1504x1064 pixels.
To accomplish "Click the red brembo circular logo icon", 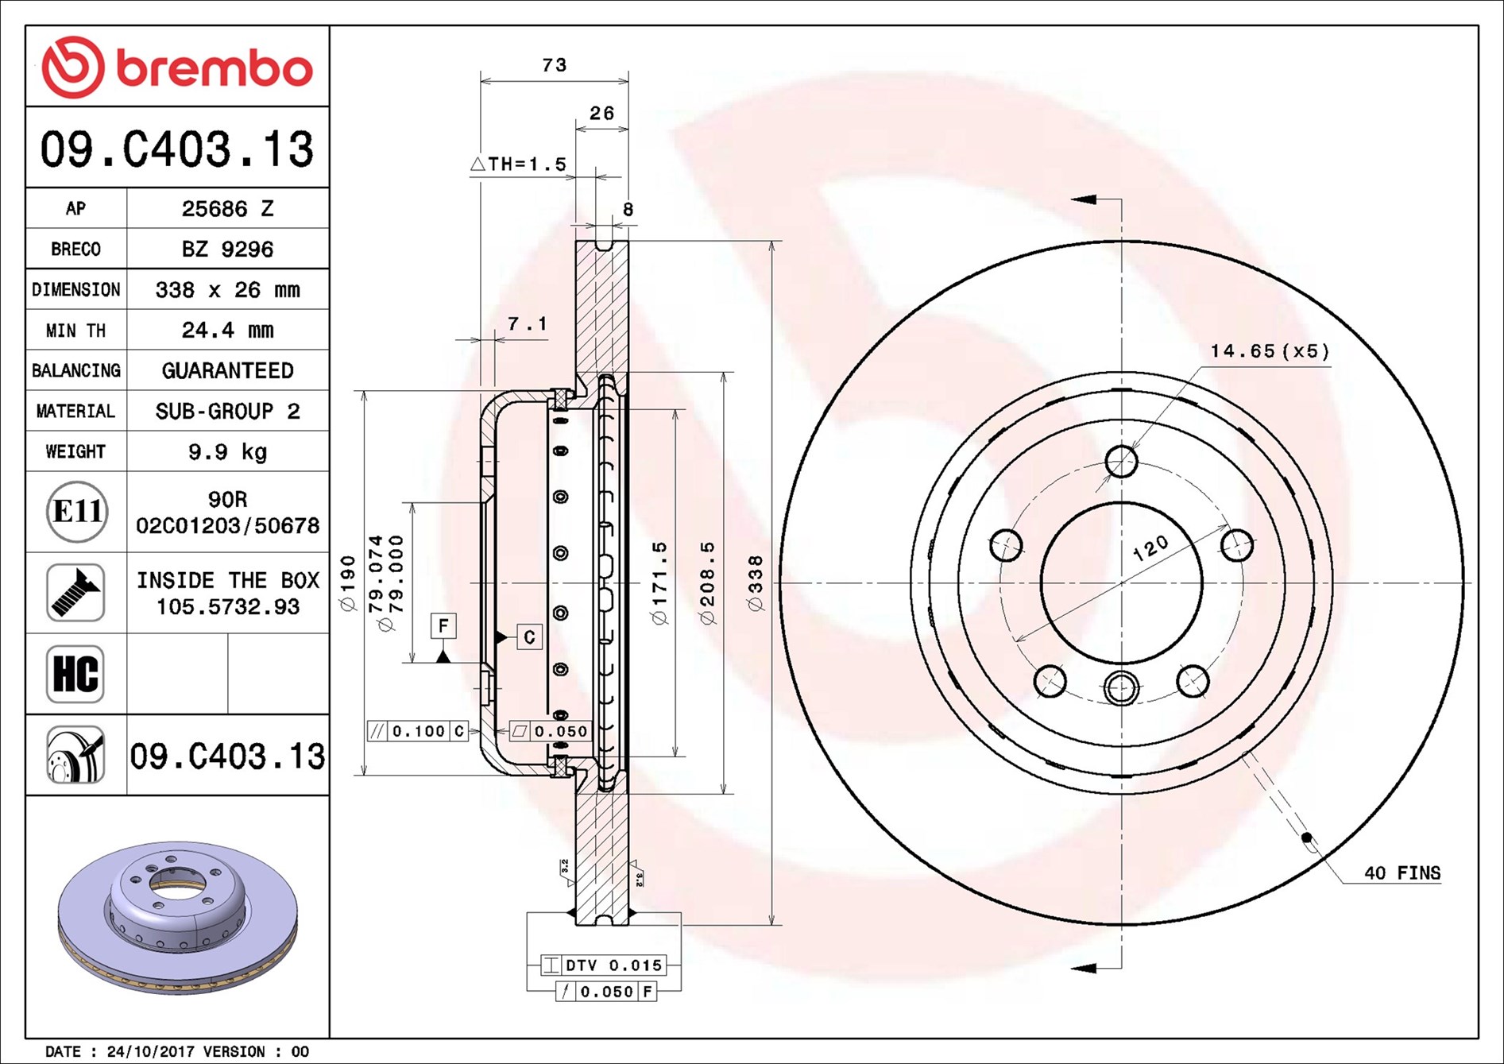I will point(72,67).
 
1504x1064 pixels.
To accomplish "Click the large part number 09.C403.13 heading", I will point(176,149).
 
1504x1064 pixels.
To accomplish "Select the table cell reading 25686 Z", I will point(227,208).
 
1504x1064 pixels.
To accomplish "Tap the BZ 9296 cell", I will point(227,250).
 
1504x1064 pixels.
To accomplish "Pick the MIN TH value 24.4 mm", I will point(227,330).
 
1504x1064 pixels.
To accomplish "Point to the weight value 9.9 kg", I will point(227,451).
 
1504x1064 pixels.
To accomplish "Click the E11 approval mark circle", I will point(76,511).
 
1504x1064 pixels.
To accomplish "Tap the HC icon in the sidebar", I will point(75,674).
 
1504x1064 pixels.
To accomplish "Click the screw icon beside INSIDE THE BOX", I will point(75,593).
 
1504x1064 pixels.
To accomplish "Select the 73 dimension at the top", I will point(554,65).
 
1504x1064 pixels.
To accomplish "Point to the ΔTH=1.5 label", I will point(518,164).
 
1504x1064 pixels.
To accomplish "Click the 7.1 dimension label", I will point(527,324).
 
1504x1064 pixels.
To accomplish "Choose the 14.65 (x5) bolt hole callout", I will point(1269,351).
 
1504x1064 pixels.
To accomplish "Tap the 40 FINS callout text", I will point(1402,872).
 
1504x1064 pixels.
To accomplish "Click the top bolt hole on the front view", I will point(1121,461).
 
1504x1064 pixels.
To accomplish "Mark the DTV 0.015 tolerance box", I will point(604,965).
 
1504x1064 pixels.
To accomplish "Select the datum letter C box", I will point(529,636).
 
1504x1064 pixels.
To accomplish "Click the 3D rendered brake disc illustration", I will point(177,918).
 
